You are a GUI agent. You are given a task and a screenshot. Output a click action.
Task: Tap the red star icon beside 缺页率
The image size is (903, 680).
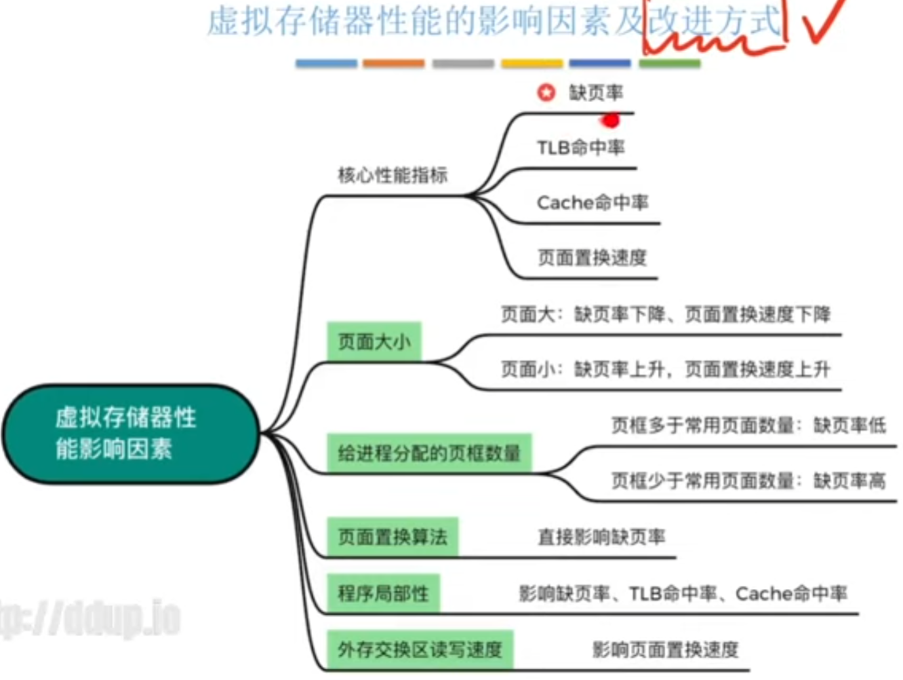[x=546, y=93]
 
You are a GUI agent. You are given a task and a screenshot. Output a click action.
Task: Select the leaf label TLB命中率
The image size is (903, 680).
[x=580, y=148]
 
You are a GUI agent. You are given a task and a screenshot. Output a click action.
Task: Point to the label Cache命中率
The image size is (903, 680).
[x=592, y=203]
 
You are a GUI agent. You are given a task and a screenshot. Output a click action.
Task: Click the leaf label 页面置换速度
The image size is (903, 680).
[x=592, y=258]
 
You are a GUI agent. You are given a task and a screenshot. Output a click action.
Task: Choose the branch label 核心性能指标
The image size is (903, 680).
[x=393, y=176]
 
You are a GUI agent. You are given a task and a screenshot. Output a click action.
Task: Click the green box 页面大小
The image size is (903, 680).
[x=374, y=341]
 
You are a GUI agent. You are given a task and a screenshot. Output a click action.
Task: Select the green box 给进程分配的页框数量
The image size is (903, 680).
[x=429, y=453]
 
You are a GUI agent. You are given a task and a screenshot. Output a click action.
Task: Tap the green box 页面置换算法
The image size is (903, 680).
[x=392, y=537]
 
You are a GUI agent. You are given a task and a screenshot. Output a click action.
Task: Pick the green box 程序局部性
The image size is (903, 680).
[x=383, y=594]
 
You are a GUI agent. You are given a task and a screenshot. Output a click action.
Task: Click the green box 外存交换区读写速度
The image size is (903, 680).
[x=420, y=650]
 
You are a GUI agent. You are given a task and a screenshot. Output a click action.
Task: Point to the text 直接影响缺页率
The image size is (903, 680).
[x=601, y=538]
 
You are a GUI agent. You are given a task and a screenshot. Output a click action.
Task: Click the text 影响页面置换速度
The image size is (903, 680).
[x=665, y=650]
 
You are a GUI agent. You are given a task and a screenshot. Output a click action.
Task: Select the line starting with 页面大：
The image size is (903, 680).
[x=666, y=315]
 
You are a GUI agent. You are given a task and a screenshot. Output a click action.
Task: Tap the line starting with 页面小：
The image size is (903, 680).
[x=666, y=370]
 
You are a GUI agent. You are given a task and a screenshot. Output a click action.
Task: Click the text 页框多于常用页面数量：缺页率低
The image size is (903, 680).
[x=748, y=426]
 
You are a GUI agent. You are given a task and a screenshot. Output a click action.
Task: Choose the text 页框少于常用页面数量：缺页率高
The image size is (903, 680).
[x=748, y=482]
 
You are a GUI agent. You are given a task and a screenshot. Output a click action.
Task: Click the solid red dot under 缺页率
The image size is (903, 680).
[x=611, y=121]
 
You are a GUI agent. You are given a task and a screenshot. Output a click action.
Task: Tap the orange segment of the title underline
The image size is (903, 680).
[x=393, y=64]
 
